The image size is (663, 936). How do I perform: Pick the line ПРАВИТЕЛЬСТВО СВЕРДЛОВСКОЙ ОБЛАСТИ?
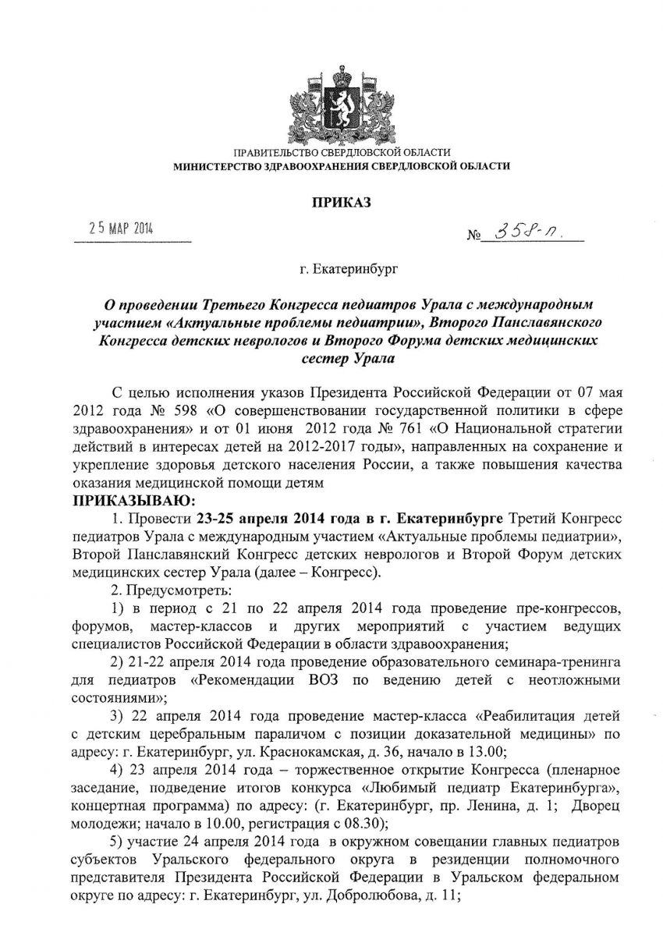point(339,151)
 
